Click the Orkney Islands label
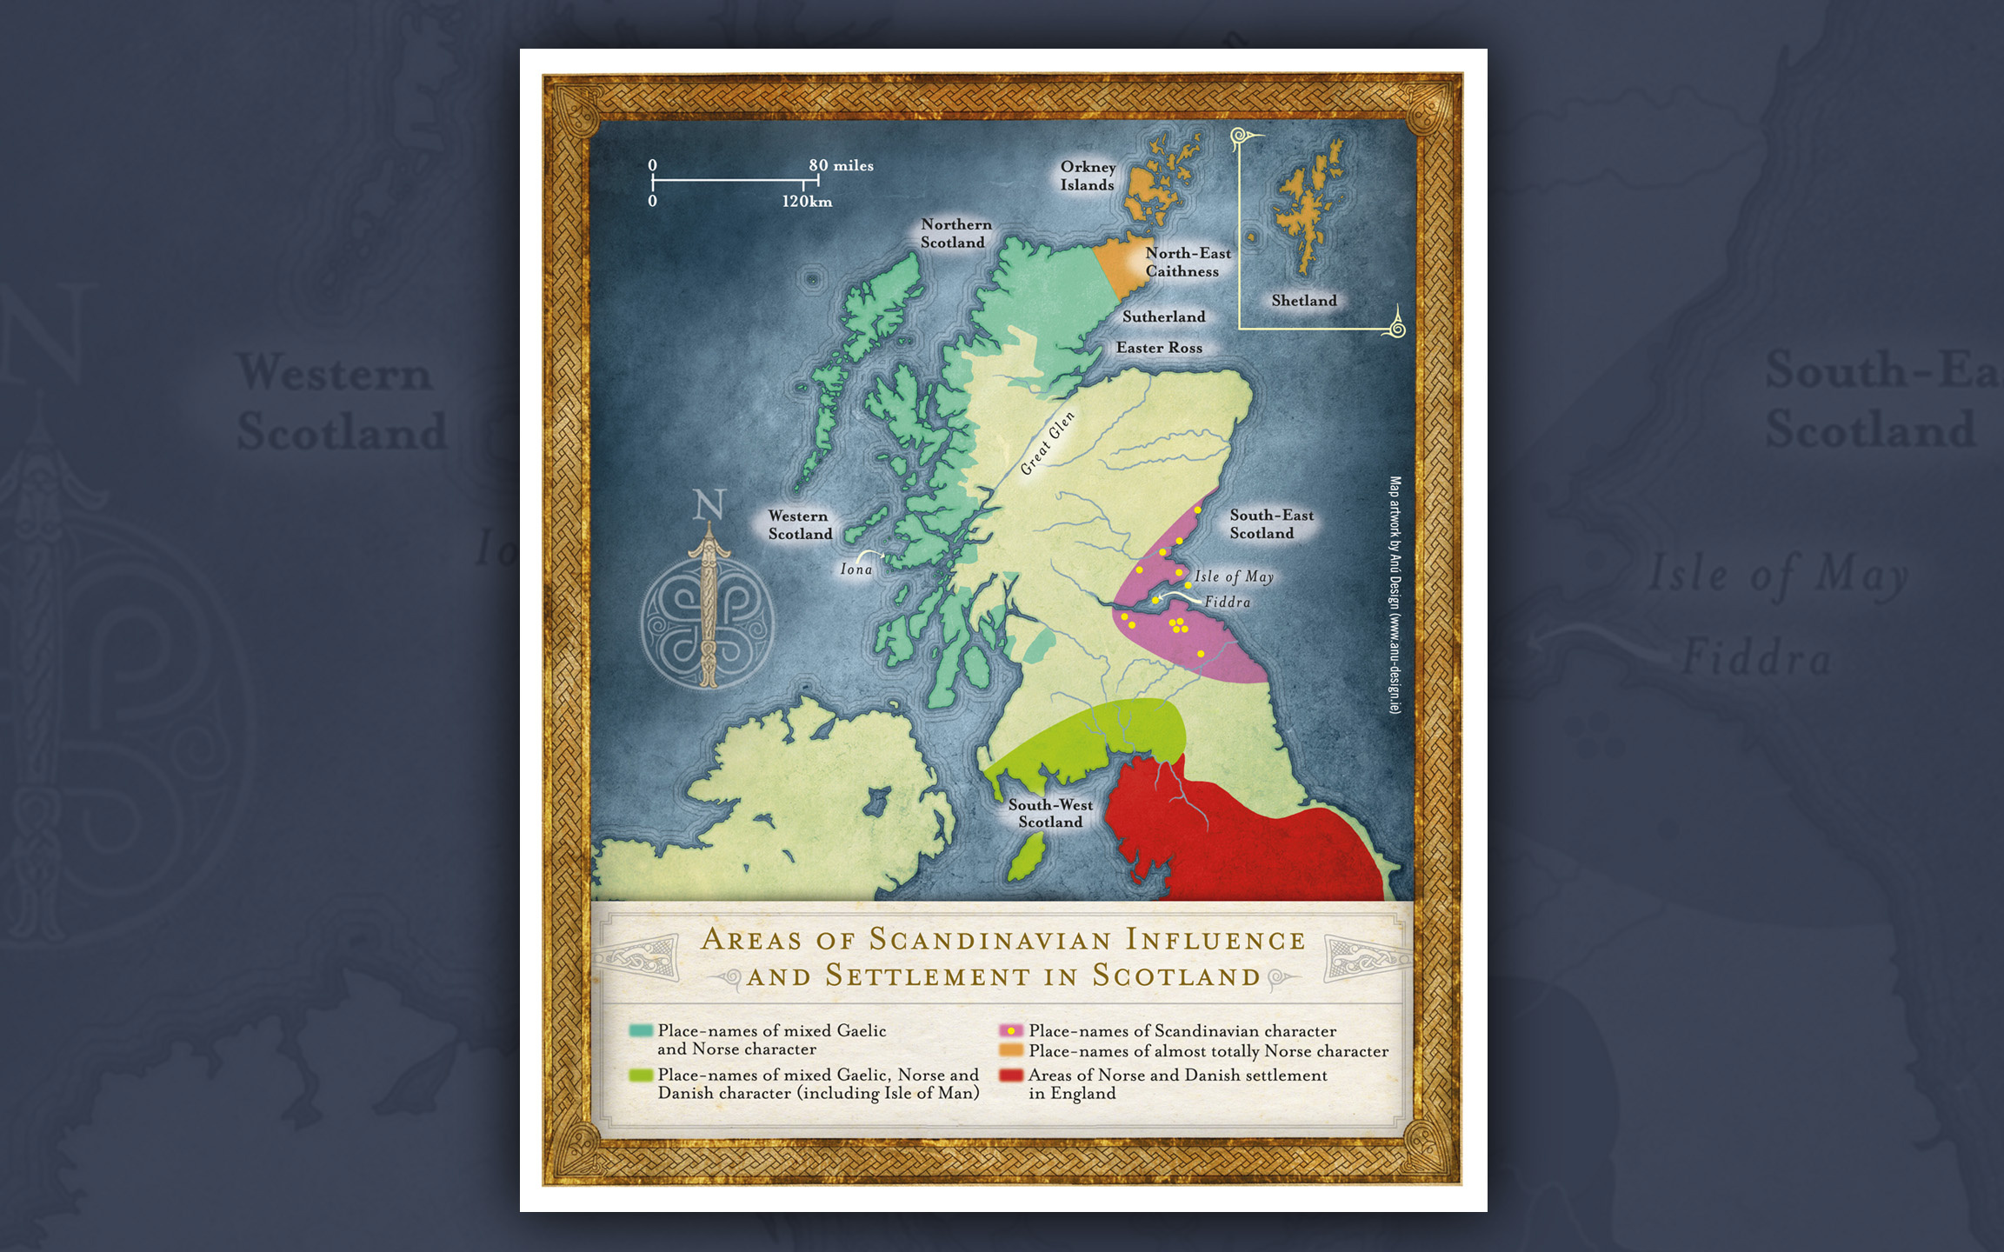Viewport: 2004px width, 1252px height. click(1087, 176)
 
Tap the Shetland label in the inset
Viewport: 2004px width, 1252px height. click(1303, 301)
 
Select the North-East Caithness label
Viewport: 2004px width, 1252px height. click(1187, 262)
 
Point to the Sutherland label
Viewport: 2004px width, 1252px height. click(1163, 316)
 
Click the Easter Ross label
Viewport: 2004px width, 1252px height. click(1159, 348)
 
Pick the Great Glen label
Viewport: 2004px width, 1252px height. click(1048, 443)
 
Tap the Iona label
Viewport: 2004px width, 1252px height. click(856, 569)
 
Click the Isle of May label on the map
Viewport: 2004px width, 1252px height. click(1233, 576)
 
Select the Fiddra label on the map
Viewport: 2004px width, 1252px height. click(1227, 602)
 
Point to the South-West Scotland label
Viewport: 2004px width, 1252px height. click(1050, 813)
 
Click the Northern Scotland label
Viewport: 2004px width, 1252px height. click(955, 233)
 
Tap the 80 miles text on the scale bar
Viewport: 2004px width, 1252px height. click(840, 165)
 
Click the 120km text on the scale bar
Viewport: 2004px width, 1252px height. click(807, 202)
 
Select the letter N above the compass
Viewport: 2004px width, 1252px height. click(709, 505)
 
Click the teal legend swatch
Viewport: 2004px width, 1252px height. click(641, 1031)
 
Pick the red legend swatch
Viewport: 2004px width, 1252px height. click(1011, 1076)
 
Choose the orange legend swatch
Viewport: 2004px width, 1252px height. click(1011, 1050)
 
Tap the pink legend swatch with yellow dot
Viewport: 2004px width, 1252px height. click(1011, 1030)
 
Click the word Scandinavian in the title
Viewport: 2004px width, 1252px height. click(990, 939)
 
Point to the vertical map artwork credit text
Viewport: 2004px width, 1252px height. click(1395, 595)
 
